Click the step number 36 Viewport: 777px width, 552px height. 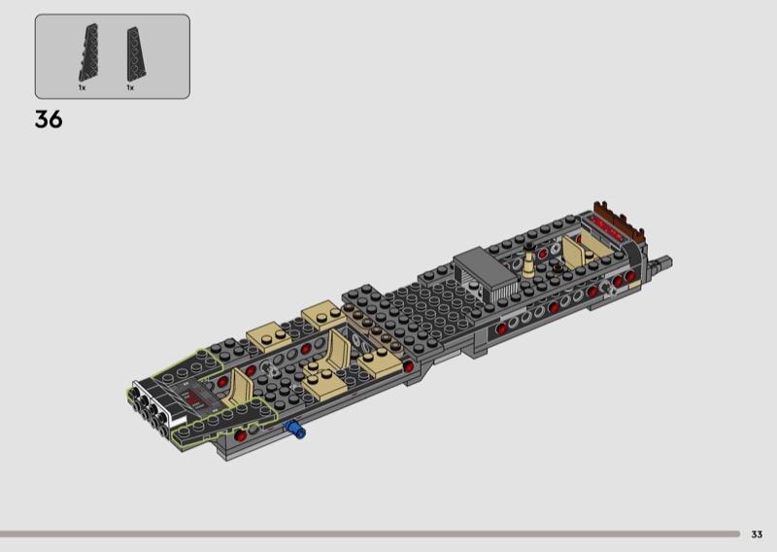[49, 120]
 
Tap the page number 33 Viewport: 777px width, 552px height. [757, 535]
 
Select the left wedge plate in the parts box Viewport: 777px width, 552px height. [88, 52]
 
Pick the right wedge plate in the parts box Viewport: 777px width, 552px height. [136, 54]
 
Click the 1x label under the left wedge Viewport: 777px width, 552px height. [82, 87]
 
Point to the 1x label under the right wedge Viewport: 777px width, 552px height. [130, 87]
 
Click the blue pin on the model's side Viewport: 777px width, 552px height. [294, 429]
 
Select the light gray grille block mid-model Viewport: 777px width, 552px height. [485, 274]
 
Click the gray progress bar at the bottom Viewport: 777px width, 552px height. [370, 535]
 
